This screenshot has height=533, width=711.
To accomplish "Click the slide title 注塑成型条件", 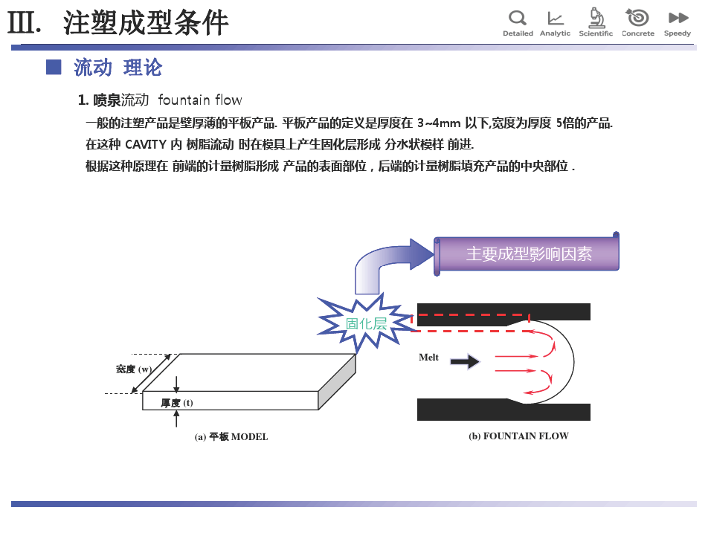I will [146, 23].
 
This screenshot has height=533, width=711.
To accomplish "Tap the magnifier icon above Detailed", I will [517, 18].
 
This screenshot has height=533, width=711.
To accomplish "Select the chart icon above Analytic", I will [555, 18].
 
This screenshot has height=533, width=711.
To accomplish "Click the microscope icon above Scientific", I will [596, 17].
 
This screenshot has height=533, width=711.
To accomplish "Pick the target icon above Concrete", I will [637, 17].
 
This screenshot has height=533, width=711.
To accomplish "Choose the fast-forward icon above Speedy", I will [678, 18].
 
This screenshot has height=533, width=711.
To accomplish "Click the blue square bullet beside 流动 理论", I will [53, 68].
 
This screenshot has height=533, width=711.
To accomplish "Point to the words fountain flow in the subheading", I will [199, 100].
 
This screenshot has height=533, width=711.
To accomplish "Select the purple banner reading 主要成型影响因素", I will [527, 253].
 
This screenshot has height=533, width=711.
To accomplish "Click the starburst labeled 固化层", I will [366, 323].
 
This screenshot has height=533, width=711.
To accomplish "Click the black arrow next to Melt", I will [466, 362].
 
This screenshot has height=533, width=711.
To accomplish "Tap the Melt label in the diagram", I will [428, 358].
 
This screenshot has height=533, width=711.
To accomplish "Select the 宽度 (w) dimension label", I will [133, 369].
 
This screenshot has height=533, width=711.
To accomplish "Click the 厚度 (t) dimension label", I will [177, 403].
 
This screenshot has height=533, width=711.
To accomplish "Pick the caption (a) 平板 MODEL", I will [231, 437].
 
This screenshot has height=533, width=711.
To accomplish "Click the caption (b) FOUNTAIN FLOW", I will [518, 436].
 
